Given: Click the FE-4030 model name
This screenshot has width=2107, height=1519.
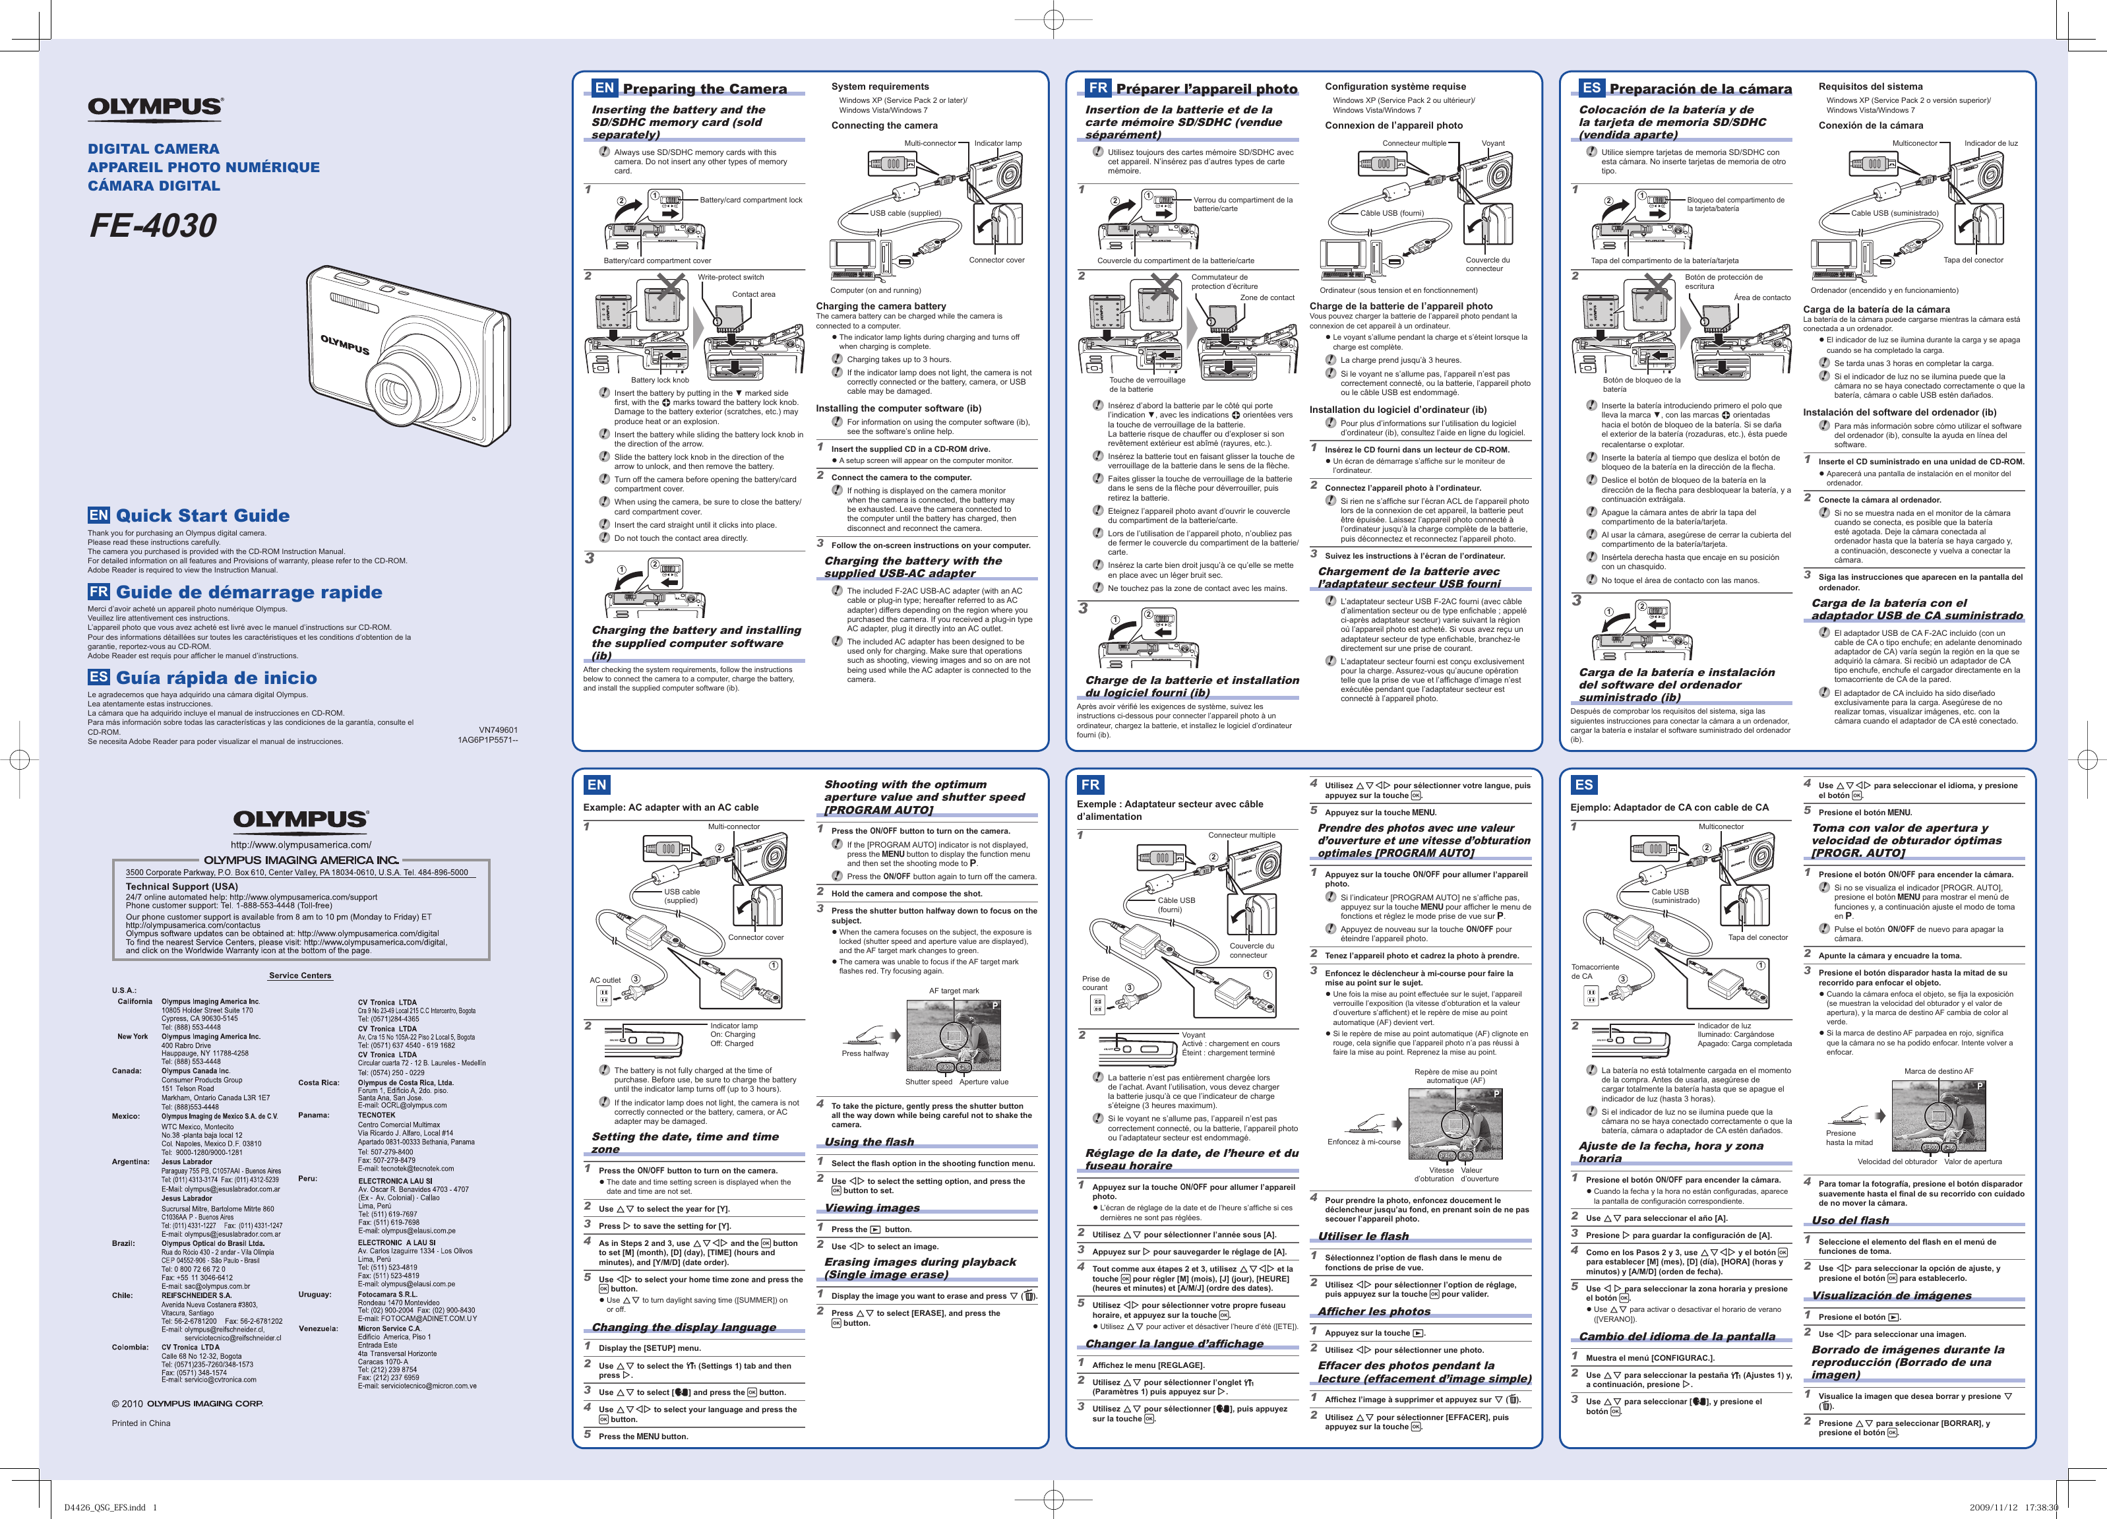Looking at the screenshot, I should [152, 226].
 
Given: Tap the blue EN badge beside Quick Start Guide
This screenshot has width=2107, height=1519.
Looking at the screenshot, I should [98, 516].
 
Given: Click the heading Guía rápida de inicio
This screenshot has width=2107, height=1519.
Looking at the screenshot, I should [216, 678].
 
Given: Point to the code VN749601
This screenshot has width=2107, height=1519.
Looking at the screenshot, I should [498, 730].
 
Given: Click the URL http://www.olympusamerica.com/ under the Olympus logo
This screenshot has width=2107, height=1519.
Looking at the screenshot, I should [300, 844].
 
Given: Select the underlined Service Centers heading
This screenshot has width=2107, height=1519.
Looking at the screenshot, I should [300, 976].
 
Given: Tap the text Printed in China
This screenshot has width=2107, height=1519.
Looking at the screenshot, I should [141, 1423].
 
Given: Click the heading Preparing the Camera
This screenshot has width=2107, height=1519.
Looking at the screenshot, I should [704, 89].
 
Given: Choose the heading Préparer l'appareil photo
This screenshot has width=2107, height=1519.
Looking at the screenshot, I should [1206, 89].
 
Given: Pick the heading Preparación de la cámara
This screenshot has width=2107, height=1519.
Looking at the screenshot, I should [1700, 89].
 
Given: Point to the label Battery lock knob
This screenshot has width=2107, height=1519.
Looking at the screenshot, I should [659, 380].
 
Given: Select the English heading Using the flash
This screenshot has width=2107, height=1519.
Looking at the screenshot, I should [869, 1142].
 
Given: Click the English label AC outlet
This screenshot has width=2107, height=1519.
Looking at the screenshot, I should [605, 980].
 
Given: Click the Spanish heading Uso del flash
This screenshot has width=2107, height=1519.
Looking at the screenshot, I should [1850, 1220].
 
